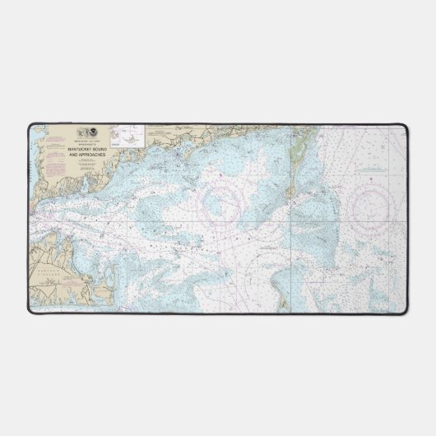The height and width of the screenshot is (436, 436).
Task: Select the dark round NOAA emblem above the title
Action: [x=94, y=131]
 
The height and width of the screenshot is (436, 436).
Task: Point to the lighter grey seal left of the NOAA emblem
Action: [x=81, y=131]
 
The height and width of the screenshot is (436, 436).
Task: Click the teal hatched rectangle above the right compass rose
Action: [x=375, y=170]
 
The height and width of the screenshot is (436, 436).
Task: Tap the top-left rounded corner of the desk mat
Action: [x=30, y=125]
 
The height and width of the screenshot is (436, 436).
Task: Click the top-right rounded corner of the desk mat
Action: [x=406, y=125]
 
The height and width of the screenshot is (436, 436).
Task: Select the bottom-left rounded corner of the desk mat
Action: [x=30, y=310]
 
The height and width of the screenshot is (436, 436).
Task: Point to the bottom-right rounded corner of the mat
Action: [x=406, y=310]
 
